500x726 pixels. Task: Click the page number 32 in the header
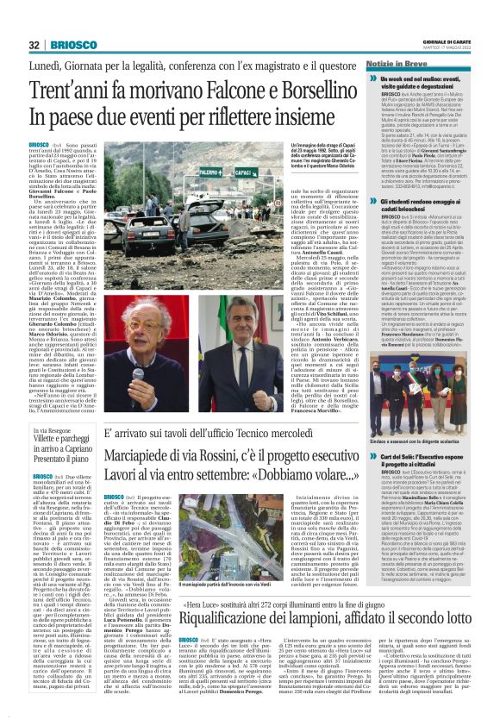pos(34,45)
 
